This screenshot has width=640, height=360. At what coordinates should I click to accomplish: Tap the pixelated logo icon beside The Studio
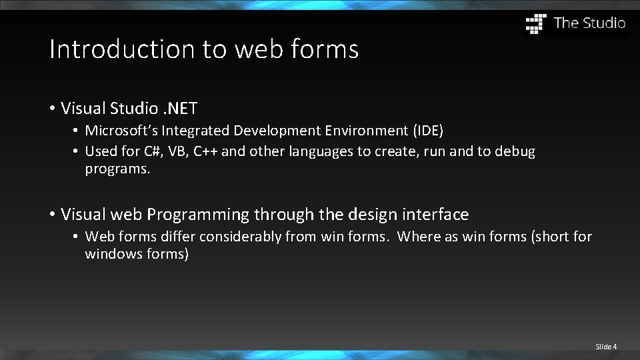tap(536, 23)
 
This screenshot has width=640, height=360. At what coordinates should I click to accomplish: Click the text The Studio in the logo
tap(589, 23)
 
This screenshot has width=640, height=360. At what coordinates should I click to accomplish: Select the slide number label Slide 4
tap(606, 347)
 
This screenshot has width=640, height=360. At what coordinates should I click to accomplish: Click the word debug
tap(513, 151)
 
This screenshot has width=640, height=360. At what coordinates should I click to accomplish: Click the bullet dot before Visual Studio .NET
tap(52, 108)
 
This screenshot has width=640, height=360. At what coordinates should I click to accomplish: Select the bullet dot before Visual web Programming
tap(52, 215)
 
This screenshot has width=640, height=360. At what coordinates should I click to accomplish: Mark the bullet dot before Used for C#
tap(77, 151)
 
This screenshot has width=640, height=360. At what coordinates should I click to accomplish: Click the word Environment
tap(352, 130)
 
